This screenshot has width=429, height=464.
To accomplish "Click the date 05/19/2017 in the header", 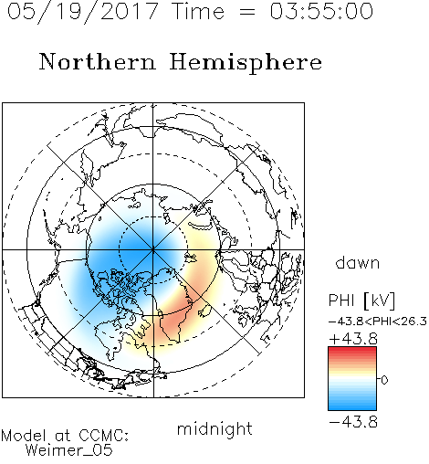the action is click(x=82, y=12).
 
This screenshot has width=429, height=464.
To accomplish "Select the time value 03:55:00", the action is click(x=321, y=11).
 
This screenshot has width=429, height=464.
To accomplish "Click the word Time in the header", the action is click(x=198, y=11).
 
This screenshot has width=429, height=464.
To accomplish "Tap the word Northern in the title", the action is click(x=98, y=62).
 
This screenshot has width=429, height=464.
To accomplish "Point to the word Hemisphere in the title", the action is click(x=246, y=63).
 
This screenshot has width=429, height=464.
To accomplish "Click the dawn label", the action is click(x=358, y=262).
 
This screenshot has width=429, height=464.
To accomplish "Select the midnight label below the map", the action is click(x=214, y=428).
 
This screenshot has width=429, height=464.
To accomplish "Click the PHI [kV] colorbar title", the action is click(x=361, y=301).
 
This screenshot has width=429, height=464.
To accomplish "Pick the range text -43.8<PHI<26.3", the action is click(x=378, y=322).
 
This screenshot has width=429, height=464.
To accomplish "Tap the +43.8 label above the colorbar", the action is click(x=353, y=339).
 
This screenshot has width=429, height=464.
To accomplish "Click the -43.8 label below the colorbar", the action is click(x=353, y=422).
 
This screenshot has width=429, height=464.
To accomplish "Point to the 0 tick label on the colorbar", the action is click(x=384, y=380).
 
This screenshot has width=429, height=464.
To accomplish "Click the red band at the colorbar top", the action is click(x=352, y=351).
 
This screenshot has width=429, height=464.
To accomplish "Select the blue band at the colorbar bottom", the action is click(x=352, y=406).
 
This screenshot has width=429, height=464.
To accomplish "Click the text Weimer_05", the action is click(x=69, y=450).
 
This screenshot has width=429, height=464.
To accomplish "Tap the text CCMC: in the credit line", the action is click(x=103, y=436).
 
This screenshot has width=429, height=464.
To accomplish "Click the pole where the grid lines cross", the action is click(x=153, y=250).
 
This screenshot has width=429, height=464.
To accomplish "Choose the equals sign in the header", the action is click(x=247, y=13).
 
